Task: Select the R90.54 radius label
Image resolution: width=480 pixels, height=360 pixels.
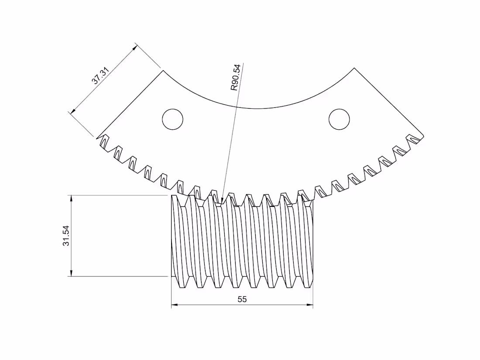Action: tap(235, 77)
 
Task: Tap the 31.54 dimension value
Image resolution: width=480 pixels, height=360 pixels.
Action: tap(66, 236)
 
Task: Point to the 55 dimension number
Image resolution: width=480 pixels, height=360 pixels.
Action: tap(242, 299)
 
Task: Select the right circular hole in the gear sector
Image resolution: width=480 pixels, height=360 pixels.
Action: tap(339, 119)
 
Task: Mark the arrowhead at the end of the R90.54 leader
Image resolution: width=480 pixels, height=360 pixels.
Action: tap(222, 201)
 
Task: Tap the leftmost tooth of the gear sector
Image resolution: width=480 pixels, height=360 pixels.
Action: tap(103, 142)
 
